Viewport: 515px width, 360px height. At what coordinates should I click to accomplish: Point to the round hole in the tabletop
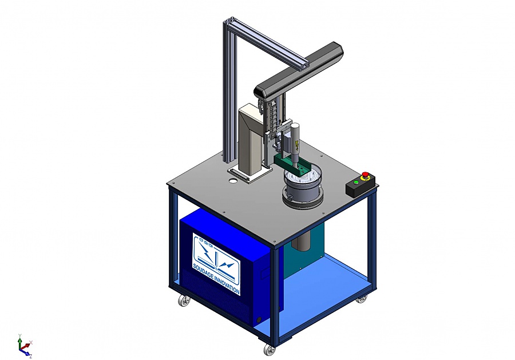[x=232, y=181]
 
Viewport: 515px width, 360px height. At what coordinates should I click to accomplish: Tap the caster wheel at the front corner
[x=270, y=350]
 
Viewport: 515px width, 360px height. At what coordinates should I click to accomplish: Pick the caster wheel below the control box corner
[x=362, y=299]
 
